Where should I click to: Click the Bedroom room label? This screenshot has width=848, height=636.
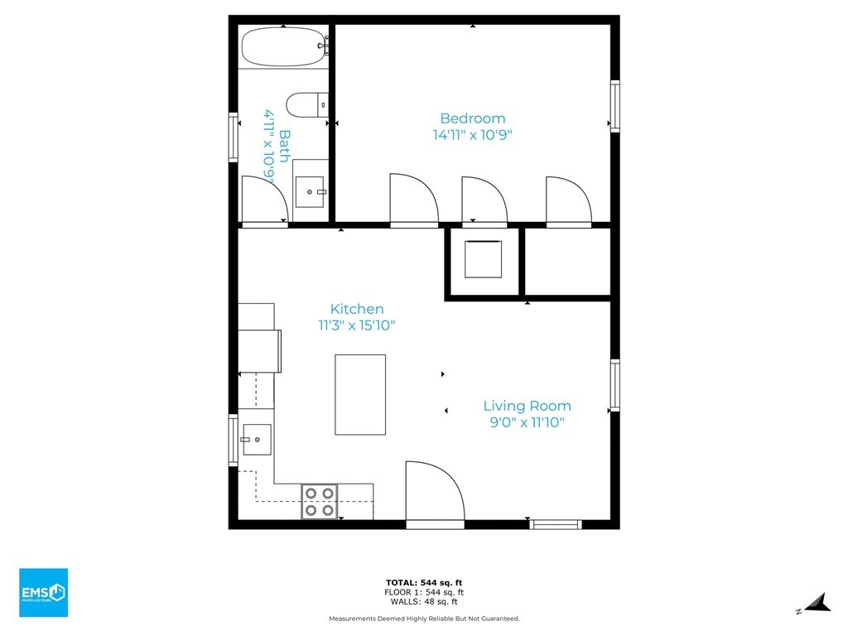(473, 118)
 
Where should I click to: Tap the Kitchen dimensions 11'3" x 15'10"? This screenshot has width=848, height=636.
(357, 325)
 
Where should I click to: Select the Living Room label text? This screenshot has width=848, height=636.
(528, 406)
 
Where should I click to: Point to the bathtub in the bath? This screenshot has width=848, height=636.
(283, 46)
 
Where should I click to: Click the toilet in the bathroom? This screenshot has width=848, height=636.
(306, 104)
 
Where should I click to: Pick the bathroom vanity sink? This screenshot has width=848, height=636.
(310, 192)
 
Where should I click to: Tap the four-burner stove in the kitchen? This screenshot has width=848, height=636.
(320, 502)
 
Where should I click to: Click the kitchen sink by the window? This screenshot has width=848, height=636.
(257, 440)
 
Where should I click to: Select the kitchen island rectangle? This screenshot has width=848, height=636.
(360, 395)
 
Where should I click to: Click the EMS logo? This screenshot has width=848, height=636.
(44, 593)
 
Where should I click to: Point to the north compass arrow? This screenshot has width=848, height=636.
(817, 604)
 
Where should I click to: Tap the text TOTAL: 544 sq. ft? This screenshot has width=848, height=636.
(424, 583)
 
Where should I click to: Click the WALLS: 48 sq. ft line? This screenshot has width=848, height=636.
(424, 601)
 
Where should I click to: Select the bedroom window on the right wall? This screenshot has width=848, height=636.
(615, 106)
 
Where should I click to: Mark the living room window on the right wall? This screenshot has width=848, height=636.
(615, 385)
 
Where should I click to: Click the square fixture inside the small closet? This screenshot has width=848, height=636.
(483, 259)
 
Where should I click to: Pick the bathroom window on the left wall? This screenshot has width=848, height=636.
(233, 137)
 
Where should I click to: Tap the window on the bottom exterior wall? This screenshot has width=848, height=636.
(556, 524)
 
